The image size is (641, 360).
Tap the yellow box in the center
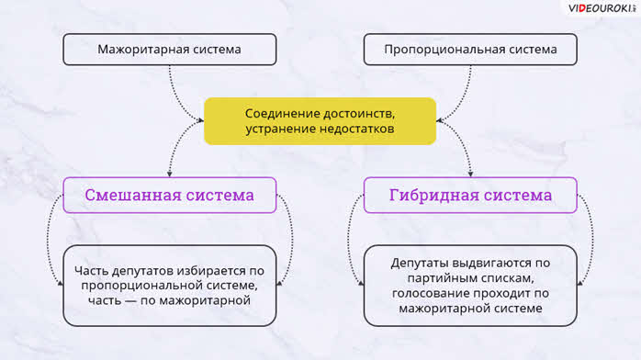coord(320,121)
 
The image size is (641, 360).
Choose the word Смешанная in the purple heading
coord(132,195)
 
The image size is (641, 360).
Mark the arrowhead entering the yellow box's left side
coord(200,120)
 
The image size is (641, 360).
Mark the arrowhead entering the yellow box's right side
coord(440,120)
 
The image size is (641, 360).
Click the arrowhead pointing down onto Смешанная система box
coord(170,174)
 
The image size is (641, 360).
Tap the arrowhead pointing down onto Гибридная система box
coord(470,174)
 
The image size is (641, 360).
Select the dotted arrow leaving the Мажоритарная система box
coord(175,100)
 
